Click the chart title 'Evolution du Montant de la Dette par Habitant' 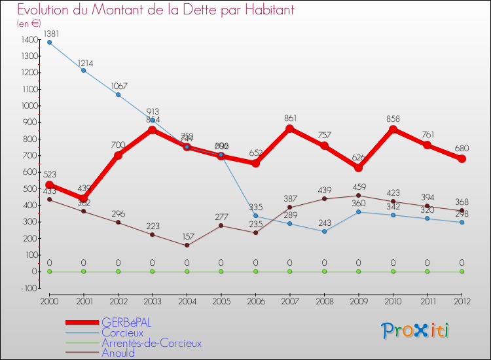pyautogui.click(x=147, y=10)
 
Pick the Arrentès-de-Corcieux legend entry pyautogui.click(x=151, y=343)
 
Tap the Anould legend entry pyautogui.click(x=118, y=353)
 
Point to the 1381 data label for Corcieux pyautogui.click(x=50, y=33)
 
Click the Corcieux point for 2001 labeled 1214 pyautogui.click(x=84, y=70)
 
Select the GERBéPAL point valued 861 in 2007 pyautogui.click(x=289, y=128)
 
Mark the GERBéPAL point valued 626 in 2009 pyautogui.click(x=358, y=168)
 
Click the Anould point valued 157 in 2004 pyautogui.click(x=187, y=245)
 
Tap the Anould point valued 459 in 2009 pyautogui.click(x=358, y=195)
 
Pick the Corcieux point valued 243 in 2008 pyautogui.click(x=324, y=231)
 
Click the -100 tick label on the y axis pyautogui.click(x=29, y=288)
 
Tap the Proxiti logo pyautogui.click(x=416, y=331)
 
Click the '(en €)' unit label pyautogui.click(x=29, y=23)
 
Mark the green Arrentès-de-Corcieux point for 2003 pyautogui.click(x=153, y=271)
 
